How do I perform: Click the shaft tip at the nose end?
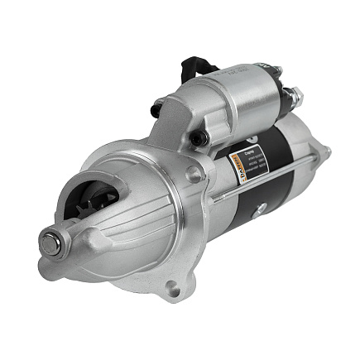coord(51,243)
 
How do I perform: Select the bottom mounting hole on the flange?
coord(171,289)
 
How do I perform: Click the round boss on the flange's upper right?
coord(193,175)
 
